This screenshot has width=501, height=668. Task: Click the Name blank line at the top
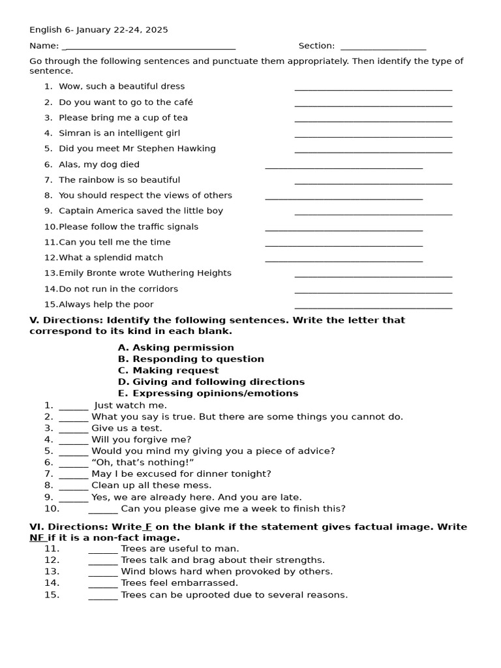coord(150,48)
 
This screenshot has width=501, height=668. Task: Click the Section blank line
coord(383,48)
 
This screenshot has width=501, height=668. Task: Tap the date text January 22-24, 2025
coord(123,29)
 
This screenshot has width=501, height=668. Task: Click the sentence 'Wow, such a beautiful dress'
coord(121,86)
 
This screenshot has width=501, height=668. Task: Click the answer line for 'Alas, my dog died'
coord(344,167)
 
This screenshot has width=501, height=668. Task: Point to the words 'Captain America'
coord(95,211)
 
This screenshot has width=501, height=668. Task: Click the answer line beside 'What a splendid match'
coord(344,260)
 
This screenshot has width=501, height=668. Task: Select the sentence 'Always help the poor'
coord(106,304)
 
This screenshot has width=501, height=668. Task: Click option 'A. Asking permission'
coord(175,348)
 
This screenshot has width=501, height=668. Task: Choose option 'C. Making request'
coord(168,371)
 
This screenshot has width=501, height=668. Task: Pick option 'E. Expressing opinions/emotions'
coord(208,393)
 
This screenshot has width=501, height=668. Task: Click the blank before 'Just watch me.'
coord(73,407)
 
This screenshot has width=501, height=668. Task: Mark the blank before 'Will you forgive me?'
coord(73,441)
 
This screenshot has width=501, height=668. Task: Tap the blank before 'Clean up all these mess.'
coord(73,487)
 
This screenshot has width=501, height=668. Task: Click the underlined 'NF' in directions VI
coord(37,538)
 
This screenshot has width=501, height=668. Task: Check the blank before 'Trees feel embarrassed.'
coord(103,584)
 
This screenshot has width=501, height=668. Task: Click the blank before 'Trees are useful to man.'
coord(103,550)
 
